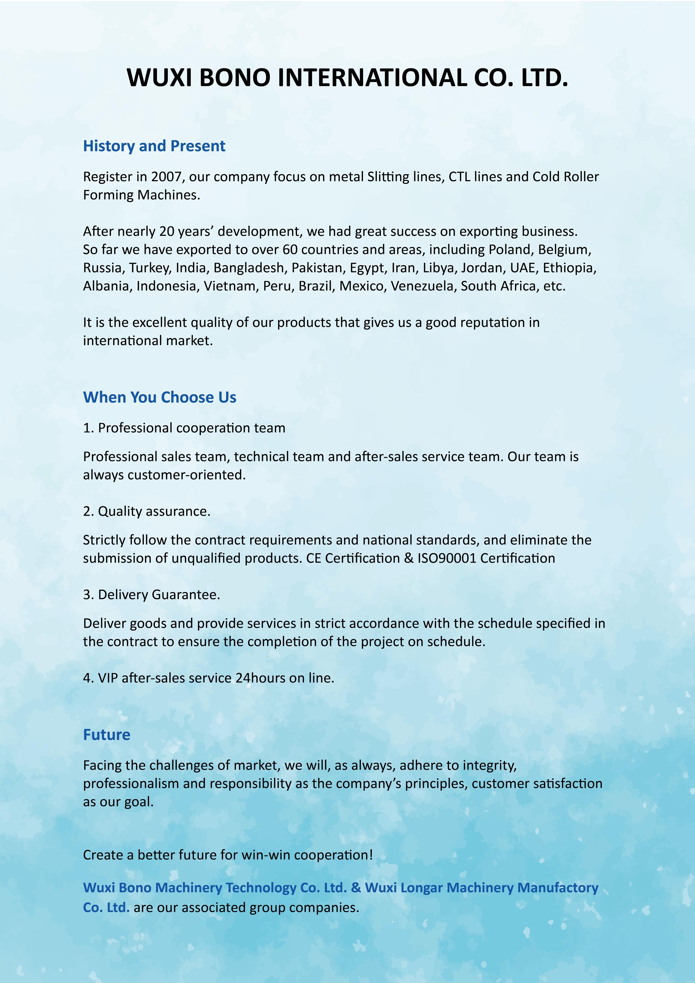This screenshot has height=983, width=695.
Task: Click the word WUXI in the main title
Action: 160,78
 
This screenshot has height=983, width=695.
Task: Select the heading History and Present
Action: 154,146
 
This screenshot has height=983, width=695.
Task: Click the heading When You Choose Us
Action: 160,397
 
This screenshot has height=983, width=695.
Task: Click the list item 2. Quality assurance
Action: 147,511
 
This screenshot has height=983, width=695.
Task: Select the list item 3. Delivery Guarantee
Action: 152,594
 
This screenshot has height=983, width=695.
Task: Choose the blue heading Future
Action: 106,735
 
